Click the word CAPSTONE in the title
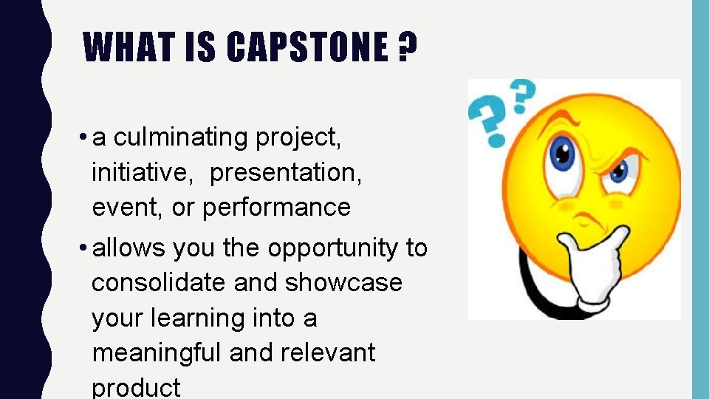[306, 47]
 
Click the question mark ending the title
[406, 47]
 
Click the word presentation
[285, 173]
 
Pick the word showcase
[343, 283]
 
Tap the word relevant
[327, 353]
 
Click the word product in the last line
[136, 387]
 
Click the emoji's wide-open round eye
[564, 154]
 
